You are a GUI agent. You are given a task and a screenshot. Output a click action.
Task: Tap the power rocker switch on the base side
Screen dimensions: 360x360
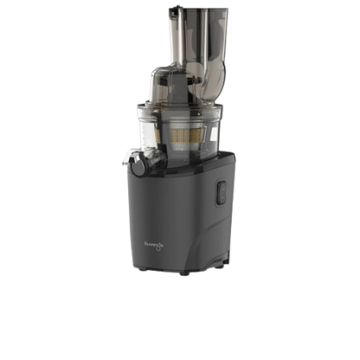tap(220, 188)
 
